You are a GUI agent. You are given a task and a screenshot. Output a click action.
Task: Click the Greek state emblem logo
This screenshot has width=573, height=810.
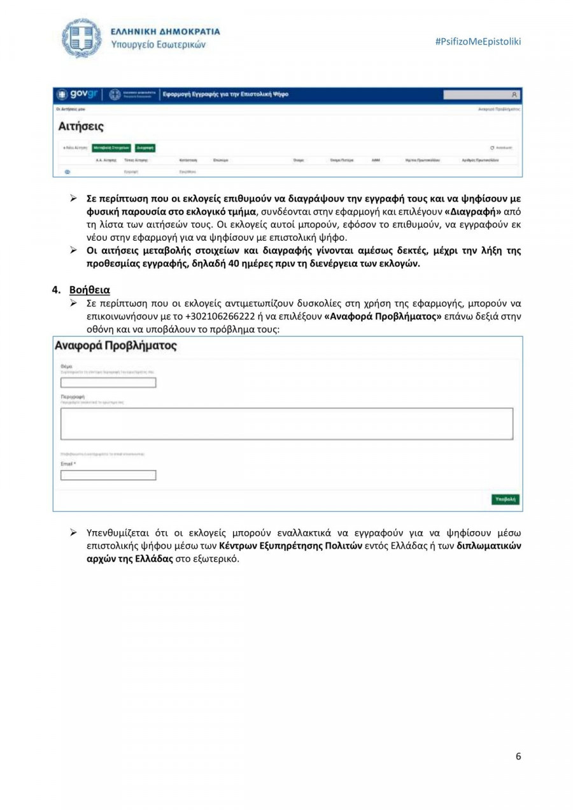click(x=81, y=38)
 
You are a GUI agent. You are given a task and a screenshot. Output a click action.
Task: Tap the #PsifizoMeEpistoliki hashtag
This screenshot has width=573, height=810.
click(x=478, y=41)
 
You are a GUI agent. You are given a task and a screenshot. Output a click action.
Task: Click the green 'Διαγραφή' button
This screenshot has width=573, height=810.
click(x=145, y=148)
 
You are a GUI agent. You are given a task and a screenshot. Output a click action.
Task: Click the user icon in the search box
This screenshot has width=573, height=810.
click(x=514, y=95)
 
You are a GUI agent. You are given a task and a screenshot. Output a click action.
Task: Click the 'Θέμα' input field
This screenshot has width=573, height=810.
click(x=108, y=383)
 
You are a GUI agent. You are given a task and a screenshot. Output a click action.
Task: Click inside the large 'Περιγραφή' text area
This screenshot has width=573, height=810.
click(x=286, y=423)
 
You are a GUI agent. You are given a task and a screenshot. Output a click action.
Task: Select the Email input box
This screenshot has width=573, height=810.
click(x=108, y=475)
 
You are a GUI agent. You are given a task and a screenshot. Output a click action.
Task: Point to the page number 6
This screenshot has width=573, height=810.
click(x=518, y=757)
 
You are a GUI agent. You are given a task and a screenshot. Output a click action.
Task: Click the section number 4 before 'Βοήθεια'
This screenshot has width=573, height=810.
click(x=55, y=290)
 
